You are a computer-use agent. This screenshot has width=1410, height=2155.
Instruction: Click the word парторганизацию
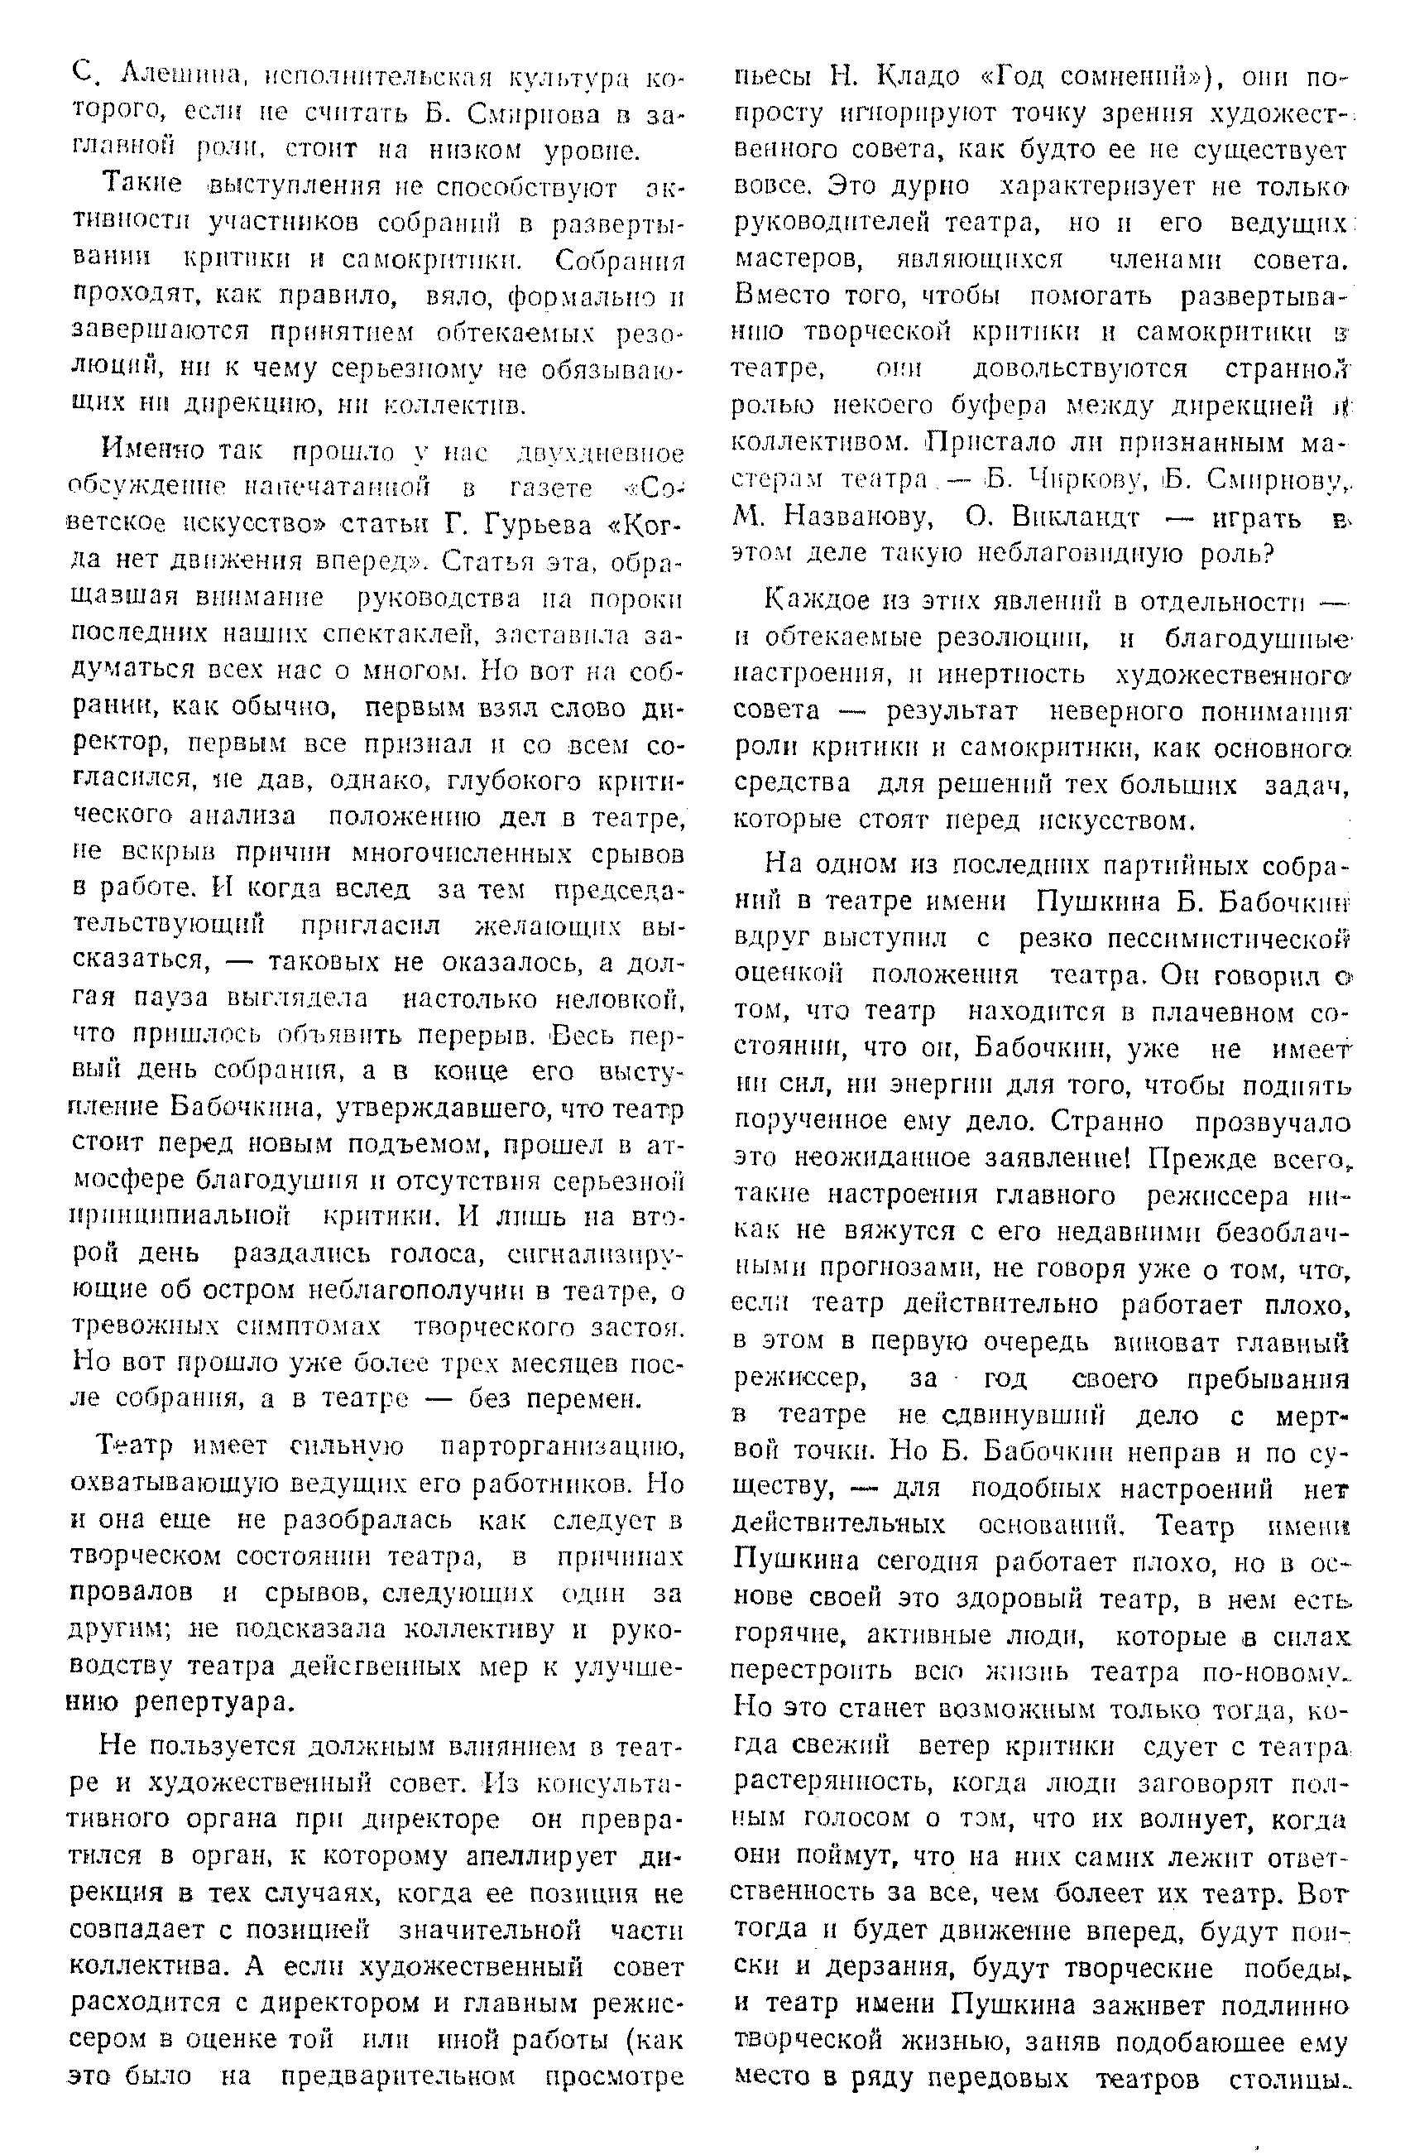[x=561, y=1447]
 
